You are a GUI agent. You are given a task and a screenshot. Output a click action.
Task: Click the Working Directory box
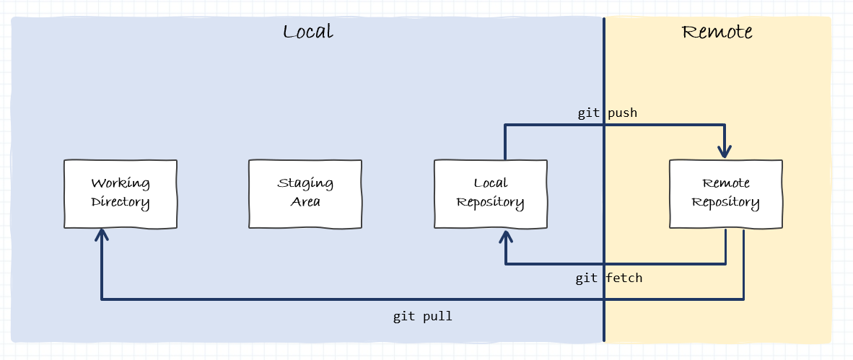click(121, 193)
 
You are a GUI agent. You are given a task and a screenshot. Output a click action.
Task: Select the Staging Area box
click(305, 193)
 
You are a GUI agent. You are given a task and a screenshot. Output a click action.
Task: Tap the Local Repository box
click(490, 193)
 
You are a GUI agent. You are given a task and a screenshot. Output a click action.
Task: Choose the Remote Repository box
click(725, 193)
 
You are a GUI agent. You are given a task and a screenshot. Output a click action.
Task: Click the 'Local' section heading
click(307, 32)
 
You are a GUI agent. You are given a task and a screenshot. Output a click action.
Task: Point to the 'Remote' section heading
click(717, 32)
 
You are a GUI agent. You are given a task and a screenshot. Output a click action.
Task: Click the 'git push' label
click(607, 113)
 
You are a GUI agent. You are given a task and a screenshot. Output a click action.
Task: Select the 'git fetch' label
click(608, 278)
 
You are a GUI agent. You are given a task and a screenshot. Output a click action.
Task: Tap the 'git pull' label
click(422, 316)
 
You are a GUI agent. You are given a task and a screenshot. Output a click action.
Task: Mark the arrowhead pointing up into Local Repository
click(505, 237)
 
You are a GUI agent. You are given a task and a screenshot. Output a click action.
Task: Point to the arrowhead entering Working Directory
click(102, 237)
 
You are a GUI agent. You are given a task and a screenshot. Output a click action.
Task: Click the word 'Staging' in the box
click(305, 183)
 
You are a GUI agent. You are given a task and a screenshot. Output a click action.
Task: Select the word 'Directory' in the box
click(121, 202)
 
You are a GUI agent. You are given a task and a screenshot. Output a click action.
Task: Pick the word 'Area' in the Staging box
click(305, 202)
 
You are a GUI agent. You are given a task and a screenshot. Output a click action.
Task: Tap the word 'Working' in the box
click(121, 183)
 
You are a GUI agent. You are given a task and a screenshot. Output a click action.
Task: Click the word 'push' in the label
click(621, 113)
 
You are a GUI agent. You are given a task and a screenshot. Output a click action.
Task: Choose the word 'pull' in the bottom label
click(437, 316)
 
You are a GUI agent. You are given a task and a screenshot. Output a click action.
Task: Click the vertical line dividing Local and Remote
click(604, 72)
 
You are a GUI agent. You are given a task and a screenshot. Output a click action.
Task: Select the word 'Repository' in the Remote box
click(725, 202)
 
